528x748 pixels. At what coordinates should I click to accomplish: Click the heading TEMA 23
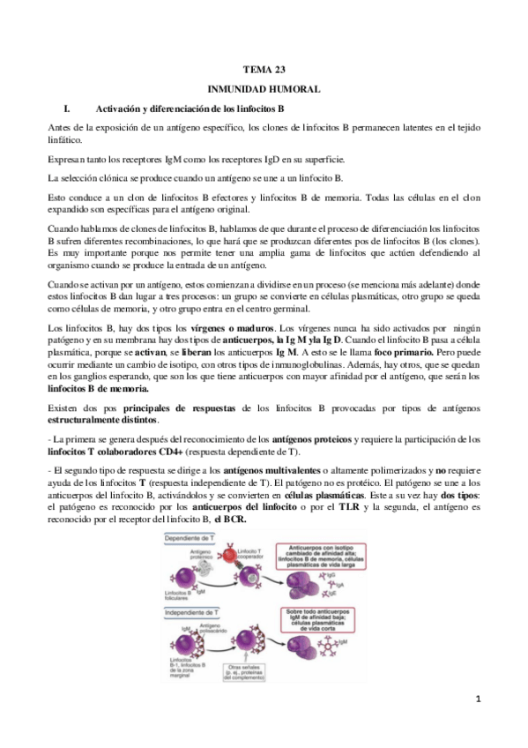tap(263, 68)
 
